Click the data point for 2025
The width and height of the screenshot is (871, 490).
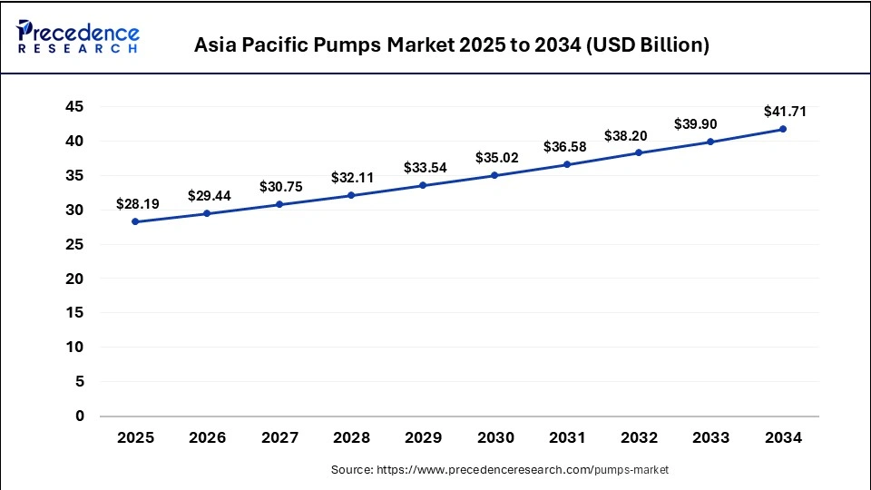click(135, 221)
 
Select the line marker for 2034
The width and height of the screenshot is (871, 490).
click(783, 129)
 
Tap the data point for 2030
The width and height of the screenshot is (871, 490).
click(495, 175)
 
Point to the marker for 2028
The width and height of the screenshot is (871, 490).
click(351, 195)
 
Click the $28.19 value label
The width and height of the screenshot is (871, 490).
click(135, 203)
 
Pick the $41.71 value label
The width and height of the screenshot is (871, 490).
click(783, 112)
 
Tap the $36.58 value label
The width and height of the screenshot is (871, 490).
click(567, 146)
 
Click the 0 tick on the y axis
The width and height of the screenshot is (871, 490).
click(80, 416)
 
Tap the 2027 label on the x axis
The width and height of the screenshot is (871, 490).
click(279, 438)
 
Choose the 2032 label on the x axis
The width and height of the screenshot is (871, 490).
click(639, 438)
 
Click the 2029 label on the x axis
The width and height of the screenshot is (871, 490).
click(423, 438)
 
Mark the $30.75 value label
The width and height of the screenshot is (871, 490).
click(279, 186)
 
